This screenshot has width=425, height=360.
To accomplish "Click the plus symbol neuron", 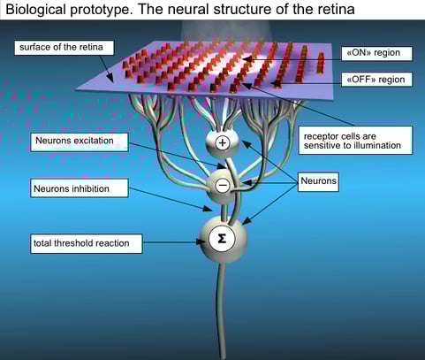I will click(x=222, y=142).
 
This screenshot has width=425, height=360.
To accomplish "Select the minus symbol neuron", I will click(x=222, y=186).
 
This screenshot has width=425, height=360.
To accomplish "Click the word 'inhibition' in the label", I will click(x=98, y=188).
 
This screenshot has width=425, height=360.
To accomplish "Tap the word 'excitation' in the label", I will click(x=102, y=141).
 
